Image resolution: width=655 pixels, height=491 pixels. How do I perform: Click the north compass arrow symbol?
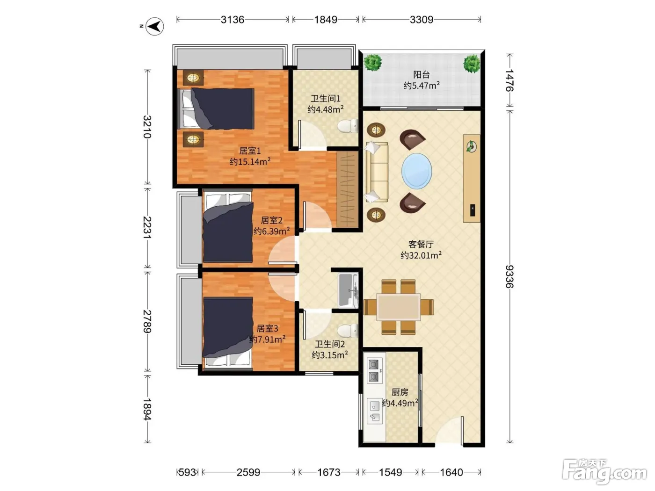tap(155, 26)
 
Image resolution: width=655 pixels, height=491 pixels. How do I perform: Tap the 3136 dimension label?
tap(232, 20)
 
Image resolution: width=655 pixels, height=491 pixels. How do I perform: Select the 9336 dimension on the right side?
tap(509, 276)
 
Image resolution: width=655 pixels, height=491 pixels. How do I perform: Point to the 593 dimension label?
tap(187, 472)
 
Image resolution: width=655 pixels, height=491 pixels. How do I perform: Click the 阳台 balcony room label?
tap(421, 74)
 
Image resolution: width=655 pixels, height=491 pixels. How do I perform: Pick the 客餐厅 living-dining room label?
tap(421, 245)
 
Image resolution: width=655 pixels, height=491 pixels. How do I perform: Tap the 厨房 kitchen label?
tap(400, 392)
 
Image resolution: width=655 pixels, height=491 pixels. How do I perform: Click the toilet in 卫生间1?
tap(348, 125)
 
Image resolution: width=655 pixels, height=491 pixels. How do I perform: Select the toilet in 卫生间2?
tap(348, 331)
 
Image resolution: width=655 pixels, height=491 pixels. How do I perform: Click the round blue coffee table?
tap(416, 171)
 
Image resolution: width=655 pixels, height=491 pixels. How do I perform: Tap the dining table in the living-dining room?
tap(398, 307)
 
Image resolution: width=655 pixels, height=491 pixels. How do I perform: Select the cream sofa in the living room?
tap(377, 172)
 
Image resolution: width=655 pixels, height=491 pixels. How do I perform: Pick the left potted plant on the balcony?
tap(372, 63)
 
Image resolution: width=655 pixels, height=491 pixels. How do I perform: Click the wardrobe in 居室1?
tap(347, 189)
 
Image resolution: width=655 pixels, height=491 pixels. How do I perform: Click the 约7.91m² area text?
tap(267, 339)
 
